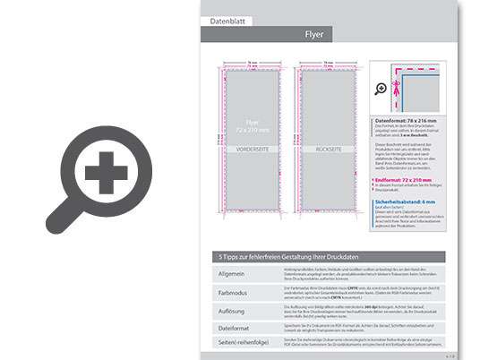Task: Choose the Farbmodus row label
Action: pyautogui.click(x=232, y=290)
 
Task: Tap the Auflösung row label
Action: pyautogui.click(x=231, y=309)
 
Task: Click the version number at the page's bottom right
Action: pyautogui.click(x=450, y=356)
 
